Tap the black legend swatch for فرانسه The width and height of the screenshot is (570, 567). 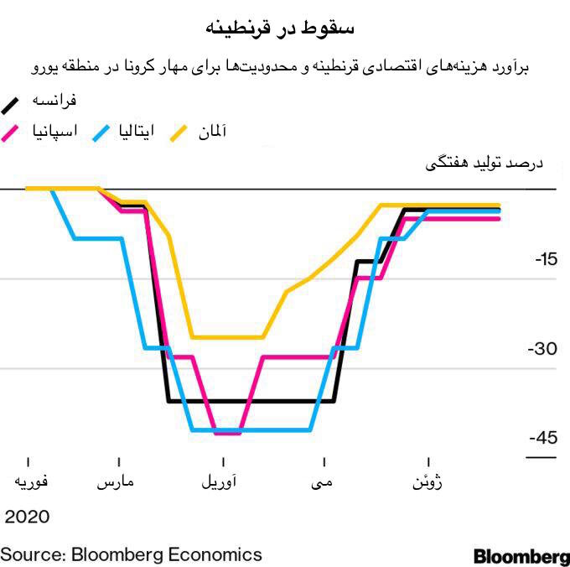pos(13,103)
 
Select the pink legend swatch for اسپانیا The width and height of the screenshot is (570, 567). pos(13,133)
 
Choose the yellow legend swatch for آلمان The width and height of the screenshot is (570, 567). pos(182,133)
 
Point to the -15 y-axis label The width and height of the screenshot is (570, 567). pos(545,260)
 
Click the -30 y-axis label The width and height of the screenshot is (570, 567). pos(545,349)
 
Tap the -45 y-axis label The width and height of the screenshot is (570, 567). pos(543,438)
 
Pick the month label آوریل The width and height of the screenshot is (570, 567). pos(222,484)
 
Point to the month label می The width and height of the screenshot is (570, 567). pos(324,484)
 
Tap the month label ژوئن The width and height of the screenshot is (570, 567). pos(428,484)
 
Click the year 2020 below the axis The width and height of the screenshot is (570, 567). pos(28,516)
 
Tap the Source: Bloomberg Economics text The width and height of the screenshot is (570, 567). pos(131,554)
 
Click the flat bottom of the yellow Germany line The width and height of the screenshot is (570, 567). pos(226,337)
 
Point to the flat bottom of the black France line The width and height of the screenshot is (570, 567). pos(251,401)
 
